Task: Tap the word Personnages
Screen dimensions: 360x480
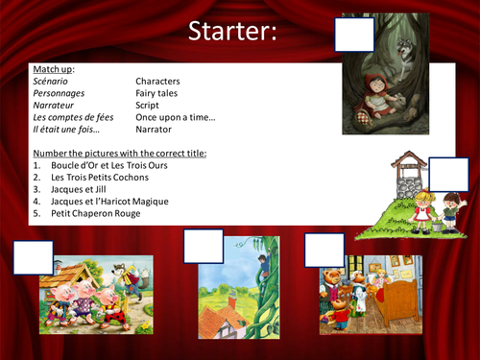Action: (60, 93)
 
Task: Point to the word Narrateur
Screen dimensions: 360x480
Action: (56, 105)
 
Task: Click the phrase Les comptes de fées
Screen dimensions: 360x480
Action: (73, 116)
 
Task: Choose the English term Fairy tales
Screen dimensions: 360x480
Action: (158, 93)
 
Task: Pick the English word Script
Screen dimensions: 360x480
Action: (148, 105)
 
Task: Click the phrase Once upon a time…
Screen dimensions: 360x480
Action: (176, 116)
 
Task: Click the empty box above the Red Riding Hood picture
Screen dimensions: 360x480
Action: (355, 35)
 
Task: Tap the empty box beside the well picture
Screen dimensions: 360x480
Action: (448, 175)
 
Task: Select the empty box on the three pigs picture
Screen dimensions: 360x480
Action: (34, 258)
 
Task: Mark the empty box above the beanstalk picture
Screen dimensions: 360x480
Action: (203, 246)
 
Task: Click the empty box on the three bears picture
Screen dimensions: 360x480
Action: (324, 250)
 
